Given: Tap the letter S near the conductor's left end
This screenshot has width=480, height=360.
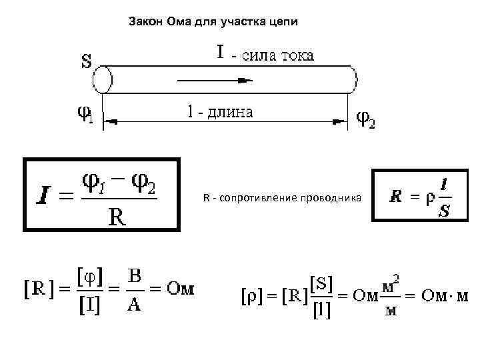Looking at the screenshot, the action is [87, 61].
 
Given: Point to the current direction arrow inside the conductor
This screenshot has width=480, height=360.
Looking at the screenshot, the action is [213, 80].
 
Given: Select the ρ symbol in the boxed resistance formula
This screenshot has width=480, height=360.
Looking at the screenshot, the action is [429, 197].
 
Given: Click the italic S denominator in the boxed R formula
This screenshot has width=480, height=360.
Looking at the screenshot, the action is [443, 211].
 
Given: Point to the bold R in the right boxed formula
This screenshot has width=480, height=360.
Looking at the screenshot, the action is [396, 197].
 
